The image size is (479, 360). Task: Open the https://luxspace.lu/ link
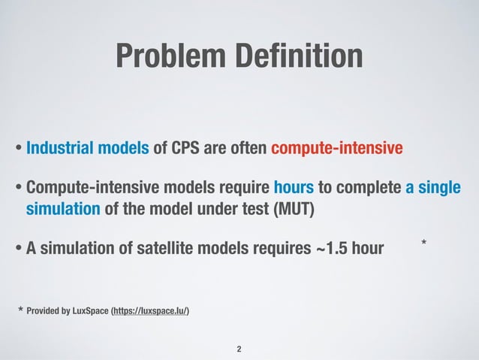(151, 310)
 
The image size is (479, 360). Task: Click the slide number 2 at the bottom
(239, 349)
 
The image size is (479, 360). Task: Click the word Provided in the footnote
(42, 310)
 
